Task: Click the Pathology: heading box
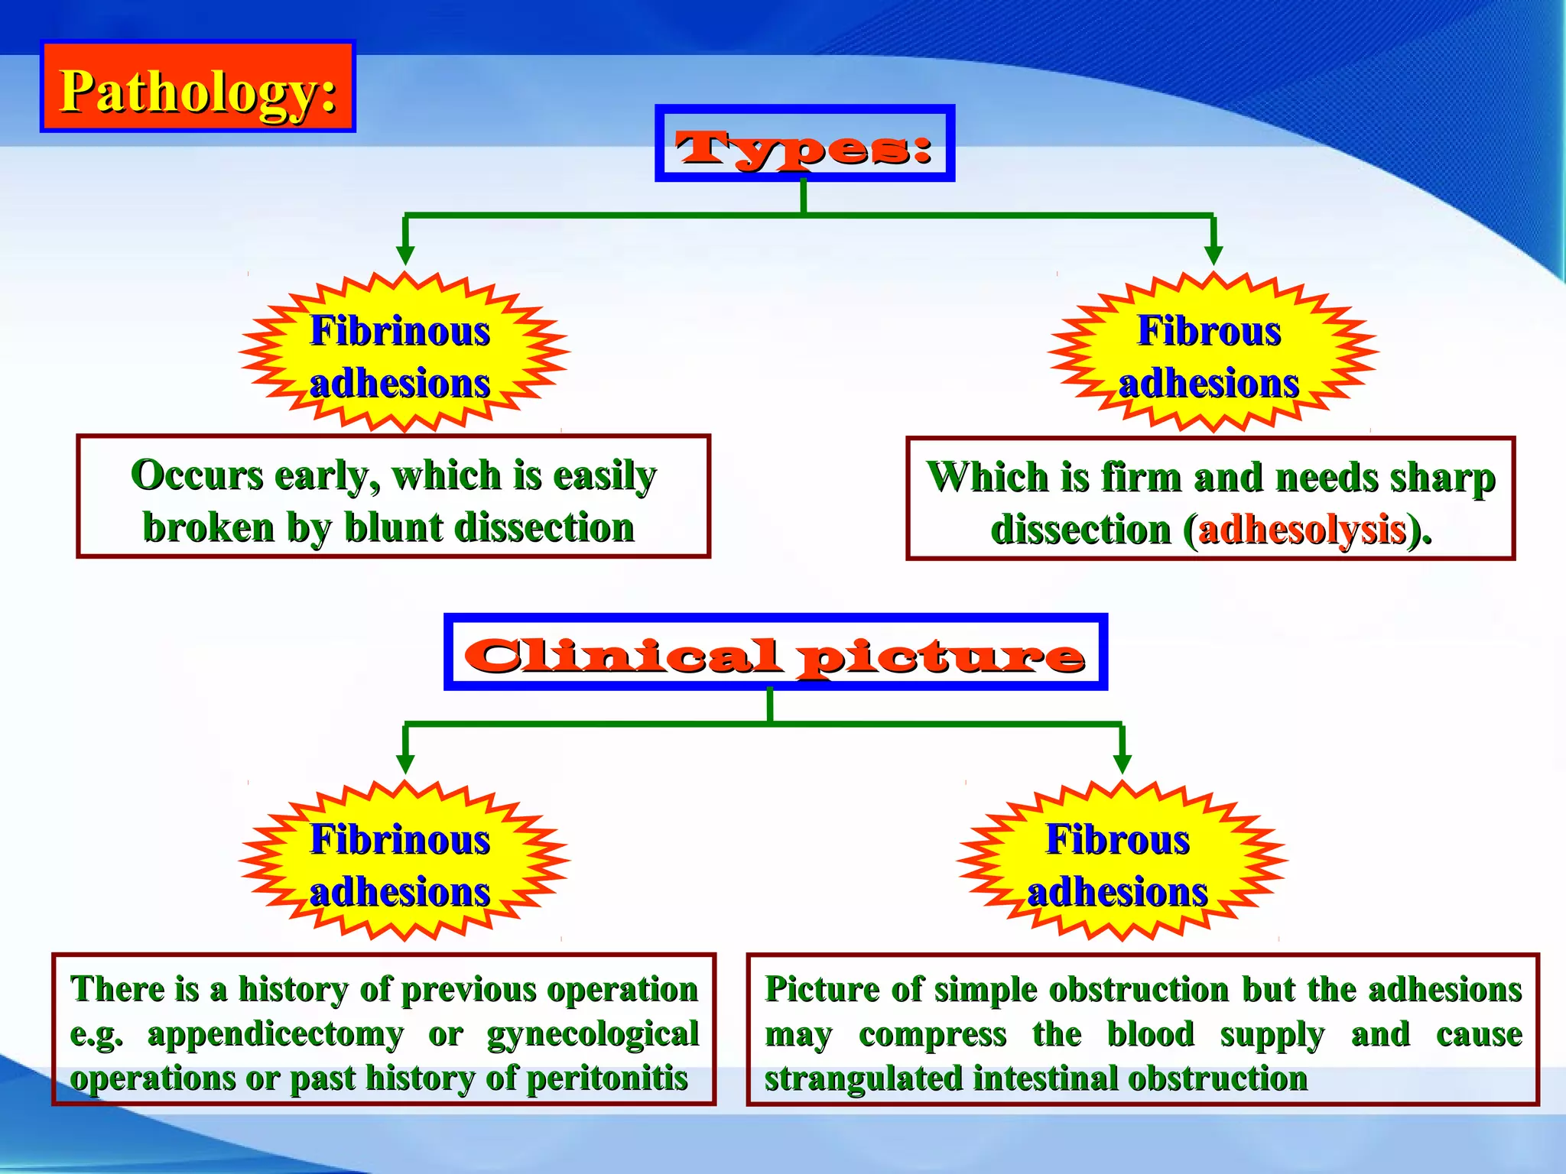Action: coord(198,86)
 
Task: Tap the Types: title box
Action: coord(804,144)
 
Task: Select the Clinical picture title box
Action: coord(775,652)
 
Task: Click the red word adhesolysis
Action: coord(1303,529)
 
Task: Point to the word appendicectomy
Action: coord(275,1034)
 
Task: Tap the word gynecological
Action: coord(593,1034)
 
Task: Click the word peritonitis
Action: coord(607,1078)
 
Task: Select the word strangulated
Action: coord(863,1078)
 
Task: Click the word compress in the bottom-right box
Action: coord(932,1034)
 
